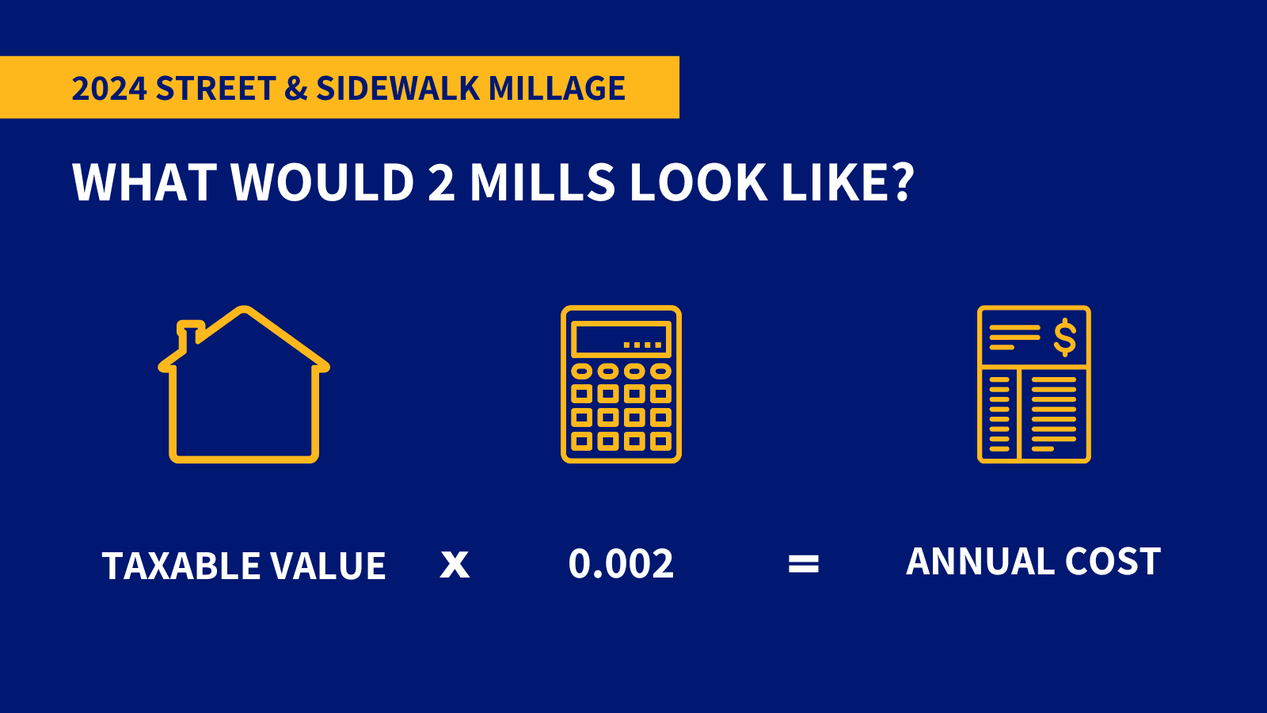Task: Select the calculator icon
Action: click(x=621, y=384)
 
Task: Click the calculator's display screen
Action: click(x=622, y=339)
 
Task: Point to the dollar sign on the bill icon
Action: click(x=1064, y=337)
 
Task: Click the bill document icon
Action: click(x=1033, y=384)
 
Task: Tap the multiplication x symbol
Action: click(x=455, y=564)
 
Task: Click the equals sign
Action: click(x=804, y=564)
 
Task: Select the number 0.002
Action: click(x=621, y=564)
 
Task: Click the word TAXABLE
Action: click(x=181, y=566)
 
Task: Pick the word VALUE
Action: click(x=328, y=566)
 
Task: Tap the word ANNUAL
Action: click(x=980, y=562)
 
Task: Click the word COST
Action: click(x=1113, y=562)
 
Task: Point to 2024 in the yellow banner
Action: click(x=108, y=88)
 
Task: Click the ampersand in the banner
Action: click(x=295, y=88)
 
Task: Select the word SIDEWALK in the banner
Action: click(x=398, y=88)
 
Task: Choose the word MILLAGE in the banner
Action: click(x=557, y=88)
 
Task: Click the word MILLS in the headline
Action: click(x=542, y=182)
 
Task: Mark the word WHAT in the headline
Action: click(x=144, y=182)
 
